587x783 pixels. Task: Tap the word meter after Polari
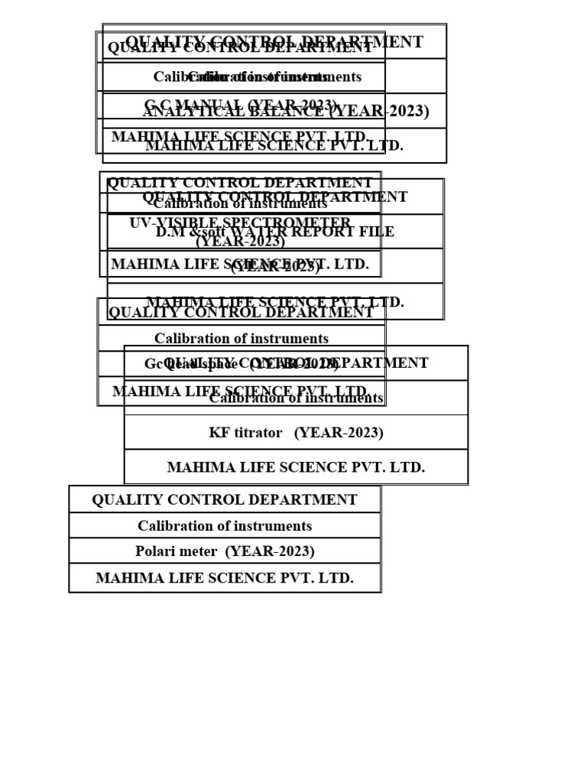coord(201,551)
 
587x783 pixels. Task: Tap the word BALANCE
coord(289,112)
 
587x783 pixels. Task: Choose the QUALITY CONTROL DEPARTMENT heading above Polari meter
coord(224,500)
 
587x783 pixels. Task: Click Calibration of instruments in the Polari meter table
coord(224,526)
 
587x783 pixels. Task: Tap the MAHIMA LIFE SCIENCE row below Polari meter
coord(224,578)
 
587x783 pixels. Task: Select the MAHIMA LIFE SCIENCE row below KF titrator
coord(296,467)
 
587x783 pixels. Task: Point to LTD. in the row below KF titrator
coord(406,467)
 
